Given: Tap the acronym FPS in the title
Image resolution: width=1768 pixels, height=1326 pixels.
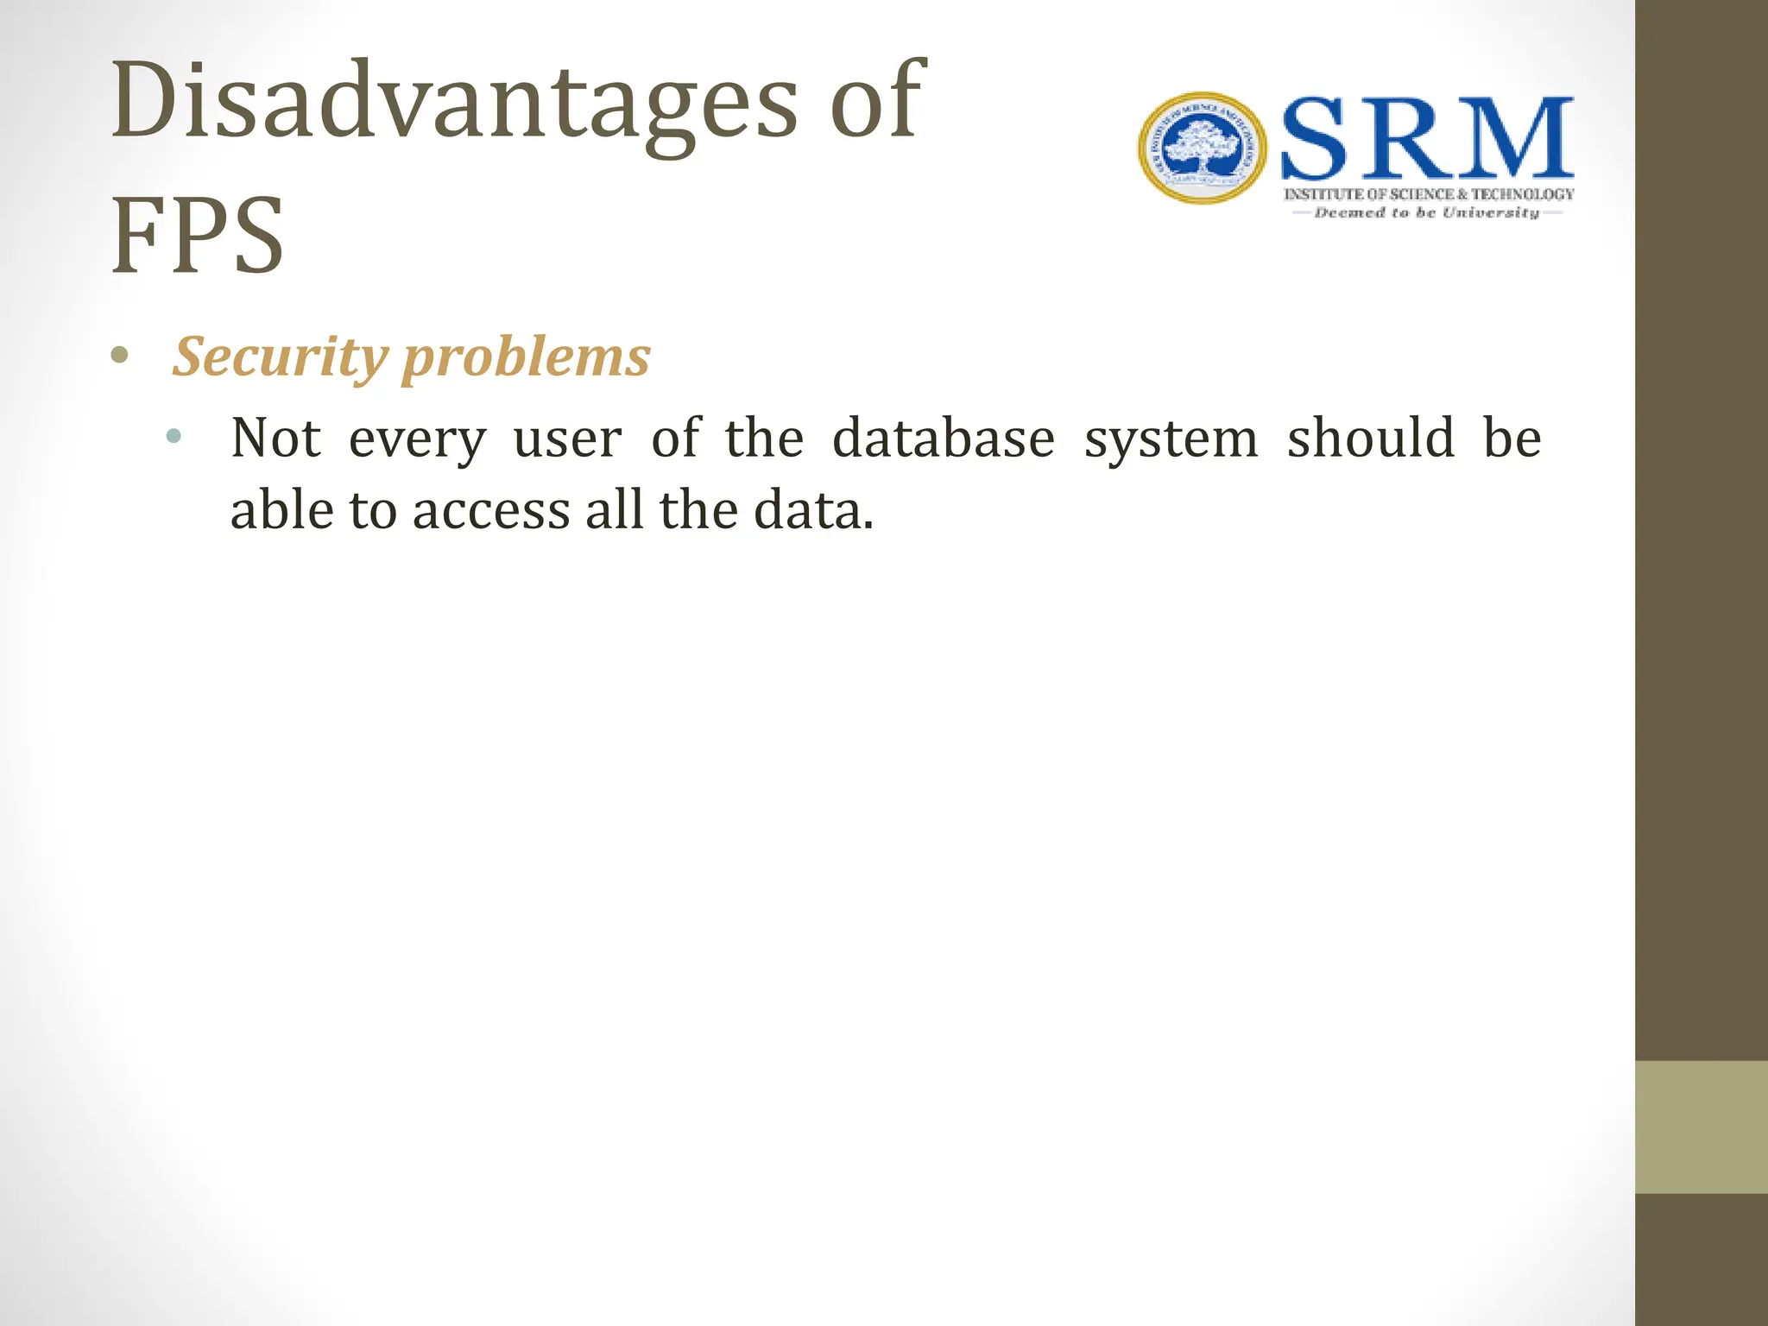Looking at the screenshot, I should (x=198, y=236).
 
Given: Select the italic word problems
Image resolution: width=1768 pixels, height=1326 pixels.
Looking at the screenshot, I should (x=527, y=357).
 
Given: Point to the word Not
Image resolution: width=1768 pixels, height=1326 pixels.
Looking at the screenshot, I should (x=275, y=438).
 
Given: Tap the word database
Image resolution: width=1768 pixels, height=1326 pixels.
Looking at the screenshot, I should (x=944, y=438).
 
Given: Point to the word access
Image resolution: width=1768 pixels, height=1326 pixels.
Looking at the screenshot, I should (x=491, y=511).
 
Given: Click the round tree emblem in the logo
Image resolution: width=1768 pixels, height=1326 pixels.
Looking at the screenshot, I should (x=1202, y=148).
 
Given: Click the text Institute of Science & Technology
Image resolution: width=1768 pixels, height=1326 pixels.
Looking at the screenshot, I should (x=1429, y=195).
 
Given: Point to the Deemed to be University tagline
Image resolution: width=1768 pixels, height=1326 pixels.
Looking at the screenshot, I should (x=1427, y=212).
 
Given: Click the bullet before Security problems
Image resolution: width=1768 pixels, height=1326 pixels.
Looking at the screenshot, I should (x=120, y=356).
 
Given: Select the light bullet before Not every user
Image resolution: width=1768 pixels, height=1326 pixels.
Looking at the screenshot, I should (x=174, y=436).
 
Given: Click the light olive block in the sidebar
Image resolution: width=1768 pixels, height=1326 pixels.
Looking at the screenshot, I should (x=1702, y=1127).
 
